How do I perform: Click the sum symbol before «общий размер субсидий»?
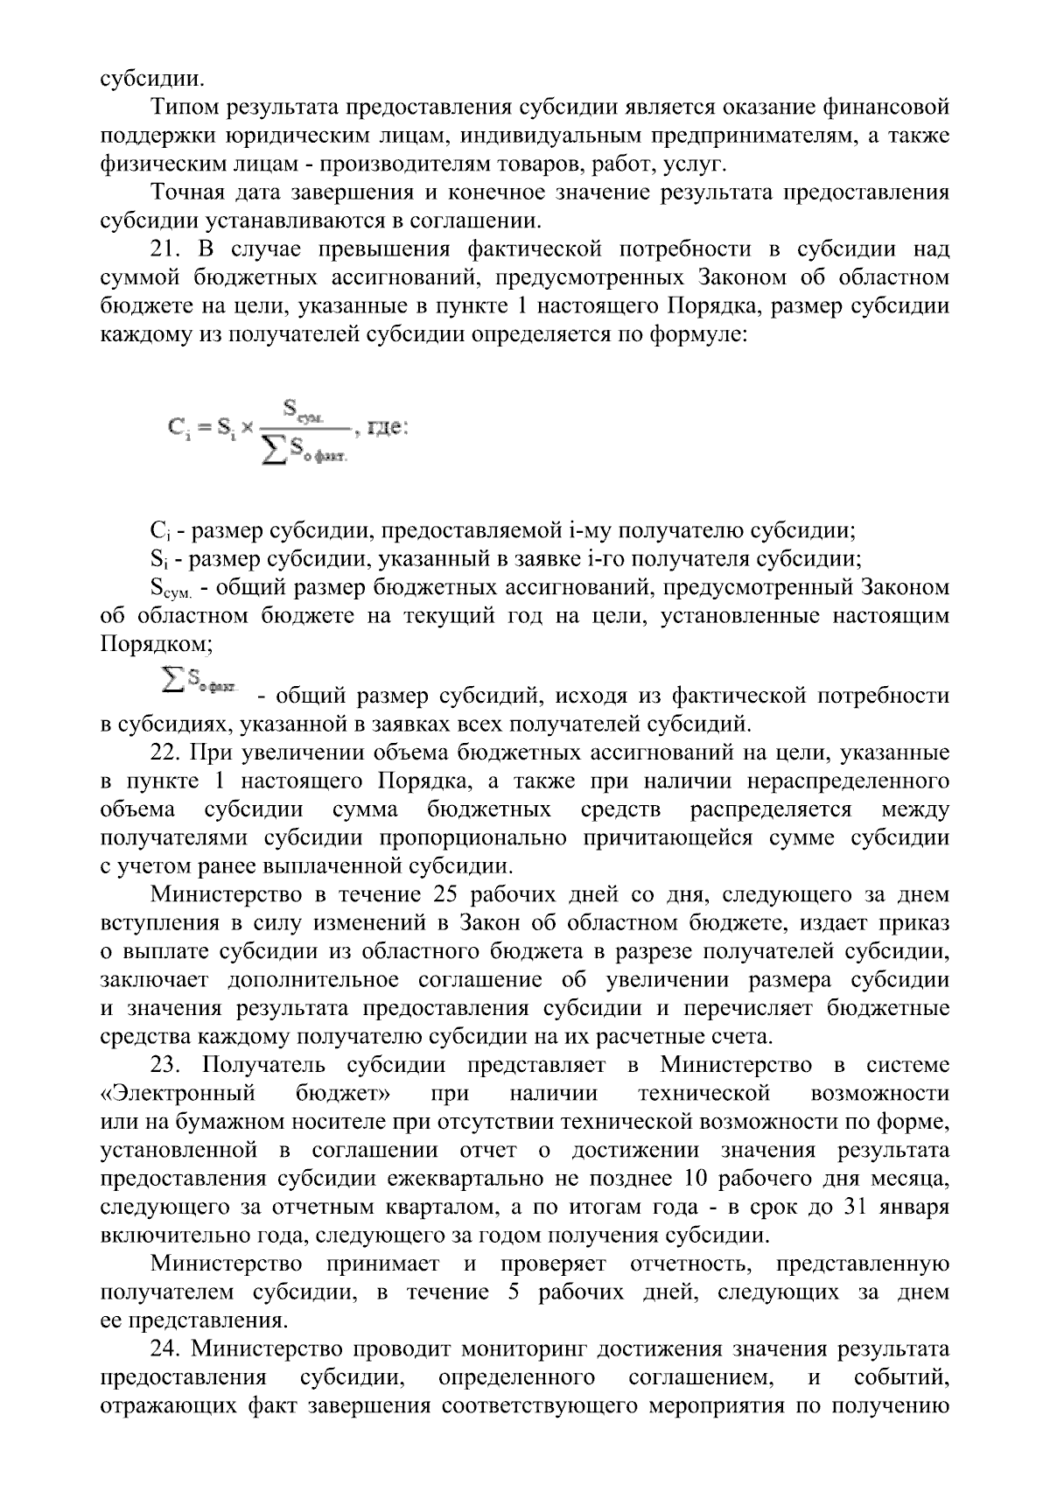click(172, 679)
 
